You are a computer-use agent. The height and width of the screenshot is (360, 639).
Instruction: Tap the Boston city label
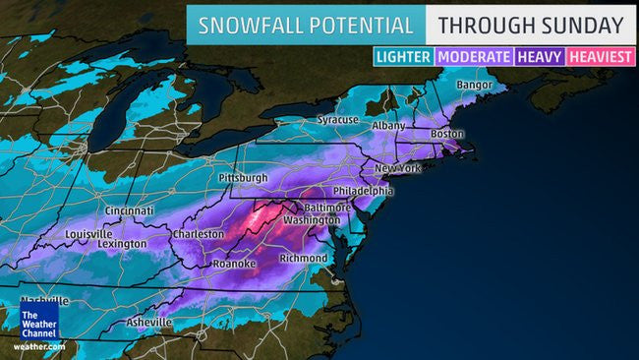[445, 134]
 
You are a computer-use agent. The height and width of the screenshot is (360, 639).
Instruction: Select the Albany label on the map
[389, 126]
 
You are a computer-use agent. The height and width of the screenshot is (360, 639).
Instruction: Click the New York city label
[397, 168]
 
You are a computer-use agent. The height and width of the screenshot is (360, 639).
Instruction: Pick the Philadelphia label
[361, 191]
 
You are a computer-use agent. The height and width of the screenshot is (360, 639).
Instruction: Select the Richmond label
[303, 258]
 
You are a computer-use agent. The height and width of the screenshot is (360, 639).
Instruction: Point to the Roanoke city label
[234, 265]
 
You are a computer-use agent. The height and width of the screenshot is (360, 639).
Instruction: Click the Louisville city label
[89, 234]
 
